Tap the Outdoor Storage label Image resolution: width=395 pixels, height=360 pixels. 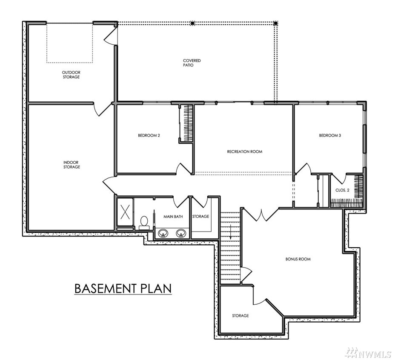[71, 74]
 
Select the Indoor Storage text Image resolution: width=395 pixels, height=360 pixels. [72, 165]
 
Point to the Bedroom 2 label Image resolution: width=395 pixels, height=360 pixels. [149, 136]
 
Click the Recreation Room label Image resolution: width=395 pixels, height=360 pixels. [245, 151]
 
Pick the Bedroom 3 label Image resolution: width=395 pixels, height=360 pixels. [330, 136]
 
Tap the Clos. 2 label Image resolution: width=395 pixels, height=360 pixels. [342, 190]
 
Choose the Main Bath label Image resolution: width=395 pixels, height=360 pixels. [173, 217]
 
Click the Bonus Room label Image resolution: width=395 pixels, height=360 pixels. [298, 259]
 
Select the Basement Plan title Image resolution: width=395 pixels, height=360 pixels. [123, 289]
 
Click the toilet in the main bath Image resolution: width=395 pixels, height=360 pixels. [144, 223]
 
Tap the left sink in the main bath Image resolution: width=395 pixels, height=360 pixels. [163, 233]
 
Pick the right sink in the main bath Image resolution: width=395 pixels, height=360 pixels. [180, 233]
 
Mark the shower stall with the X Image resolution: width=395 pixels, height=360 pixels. [125, 212]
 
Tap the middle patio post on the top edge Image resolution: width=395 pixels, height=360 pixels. [192, 23]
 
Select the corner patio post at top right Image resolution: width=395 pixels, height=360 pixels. [275, 23]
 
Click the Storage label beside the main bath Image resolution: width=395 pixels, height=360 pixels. [200, 217]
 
